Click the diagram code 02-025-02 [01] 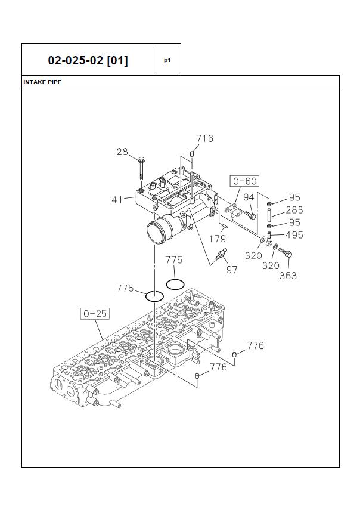pos(88,60)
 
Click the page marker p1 pos(167,60)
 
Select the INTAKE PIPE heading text pos(42,82)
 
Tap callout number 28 pos(122,152)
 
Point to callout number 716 pos(204,138)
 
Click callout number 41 pos(117,199)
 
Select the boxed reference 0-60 pos(245,181)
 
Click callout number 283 pos(294,210)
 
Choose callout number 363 pos(288,276)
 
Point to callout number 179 pos(218,239)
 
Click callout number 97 pos(232,270)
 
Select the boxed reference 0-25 pos(94,313)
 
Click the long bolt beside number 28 pos(141,169)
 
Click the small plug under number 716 pos(192,154)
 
